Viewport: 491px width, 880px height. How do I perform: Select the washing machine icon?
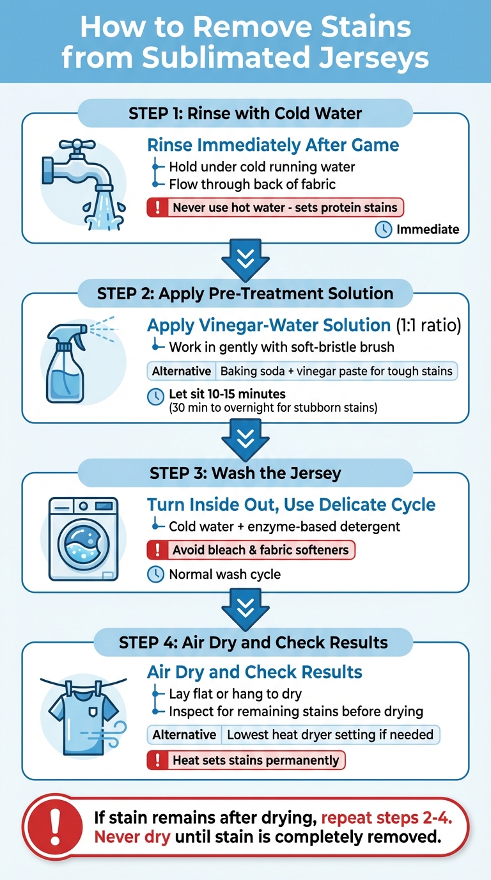[84, 538]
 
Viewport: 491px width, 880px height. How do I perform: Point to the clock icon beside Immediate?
[383, 230]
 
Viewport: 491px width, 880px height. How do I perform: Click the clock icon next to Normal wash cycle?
[155, 574]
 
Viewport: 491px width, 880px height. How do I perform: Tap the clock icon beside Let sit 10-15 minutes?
[155, 396]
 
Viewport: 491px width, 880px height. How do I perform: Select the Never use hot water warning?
[276, 207]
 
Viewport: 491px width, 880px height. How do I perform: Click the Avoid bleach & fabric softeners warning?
[251, 550]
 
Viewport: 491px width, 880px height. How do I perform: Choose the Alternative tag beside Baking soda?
[182, 371]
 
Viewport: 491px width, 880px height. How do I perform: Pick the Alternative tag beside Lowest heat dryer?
[184, 735]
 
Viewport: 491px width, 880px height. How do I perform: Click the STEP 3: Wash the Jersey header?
[245, 473]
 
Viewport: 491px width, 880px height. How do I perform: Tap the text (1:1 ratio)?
[428, 325]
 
